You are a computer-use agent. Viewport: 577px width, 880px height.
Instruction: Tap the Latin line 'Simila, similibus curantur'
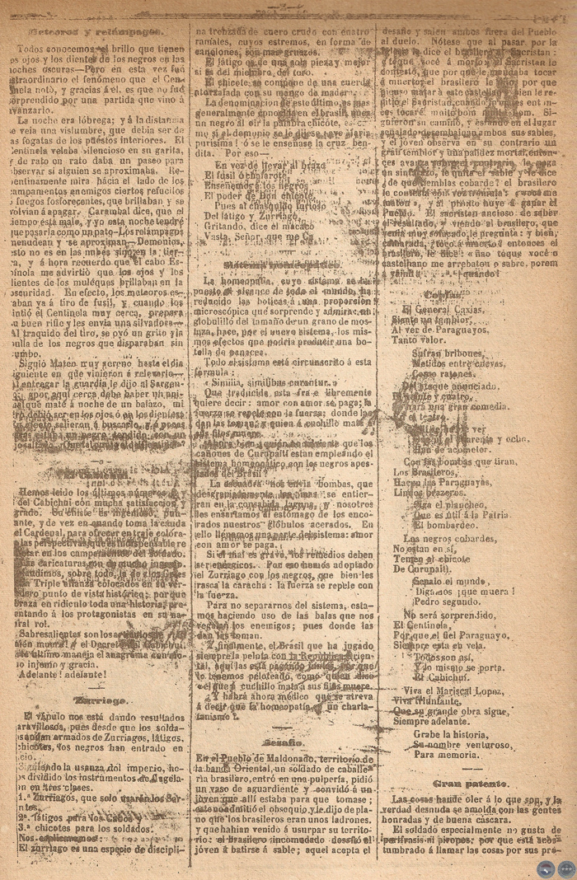266,384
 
